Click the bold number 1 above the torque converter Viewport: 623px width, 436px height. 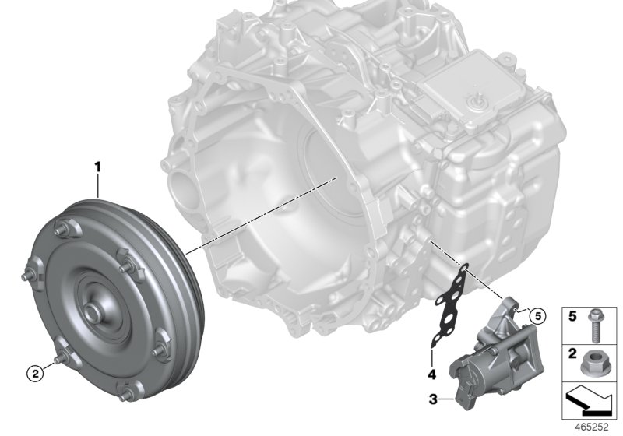coord(97,166)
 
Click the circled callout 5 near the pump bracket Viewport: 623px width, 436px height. coord(533,315)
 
